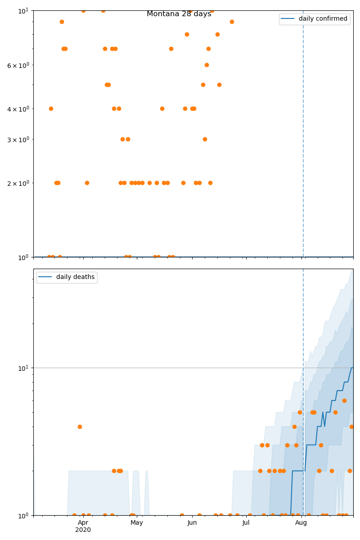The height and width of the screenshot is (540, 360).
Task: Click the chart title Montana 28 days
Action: click(179, 14)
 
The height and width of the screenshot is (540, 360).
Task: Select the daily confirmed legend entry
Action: click(323, 19)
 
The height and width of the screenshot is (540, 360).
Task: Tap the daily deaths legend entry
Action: click(75, 277)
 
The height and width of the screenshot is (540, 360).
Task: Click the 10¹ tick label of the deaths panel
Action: click(24, 368)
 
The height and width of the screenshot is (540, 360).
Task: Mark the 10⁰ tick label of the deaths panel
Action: click(24, 515)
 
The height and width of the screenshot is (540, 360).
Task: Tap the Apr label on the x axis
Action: click(83, 523)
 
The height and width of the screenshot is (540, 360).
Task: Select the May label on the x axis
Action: click(137, 523)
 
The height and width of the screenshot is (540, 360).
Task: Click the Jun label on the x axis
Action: click(192, 523)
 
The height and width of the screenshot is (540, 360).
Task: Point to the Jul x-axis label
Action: click(246, 523)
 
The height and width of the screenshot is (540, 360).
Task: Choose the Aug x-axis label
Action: click(301, 523)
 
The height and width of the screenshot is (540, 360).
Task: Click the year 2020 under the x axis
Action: click(83, 530)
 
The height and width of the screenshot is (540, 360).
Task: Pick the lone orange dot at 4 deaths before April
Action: click(80, 427)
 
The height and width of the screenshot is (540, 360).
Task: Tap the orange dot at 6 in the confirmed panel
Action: click(207, 65)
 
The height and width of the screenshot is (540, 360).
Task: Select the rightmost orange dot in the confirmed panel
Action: click(232, 22)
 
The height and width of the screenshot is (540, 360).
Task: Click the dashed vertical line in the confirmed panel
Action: click(303, 135)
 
